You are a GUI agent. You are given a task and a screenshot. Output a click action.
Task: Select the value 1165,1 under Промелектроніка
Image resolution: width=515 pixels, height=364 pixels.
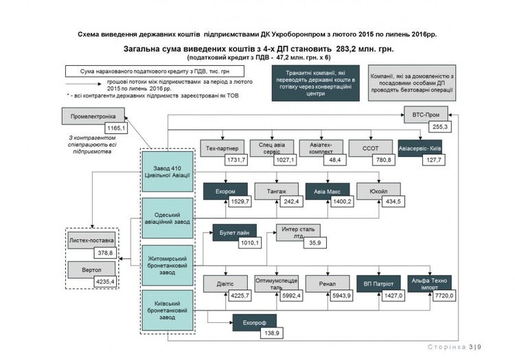pyautogui.click(x=116, y=128)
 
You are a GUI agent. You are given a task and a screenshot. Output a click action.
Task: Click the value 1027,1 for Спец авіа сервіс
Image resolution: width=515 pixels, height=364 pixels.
pyautogui.click(x=284, y=159)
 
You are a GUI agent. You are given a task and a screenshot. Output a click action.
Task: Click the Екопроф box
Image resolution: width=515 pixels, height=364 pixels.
pyautogui.click(x=254, y=321)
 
